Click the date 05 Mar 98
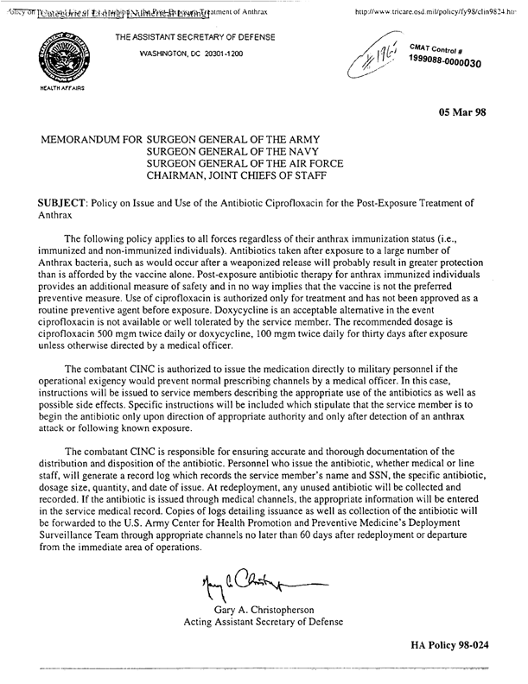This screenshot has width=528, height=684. [x=472, y=111]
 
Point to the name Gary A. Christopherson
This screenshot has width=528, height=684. [x=264, y=609]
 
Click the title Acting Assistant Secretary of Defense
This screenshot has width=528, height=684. [x=264, y=622]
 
